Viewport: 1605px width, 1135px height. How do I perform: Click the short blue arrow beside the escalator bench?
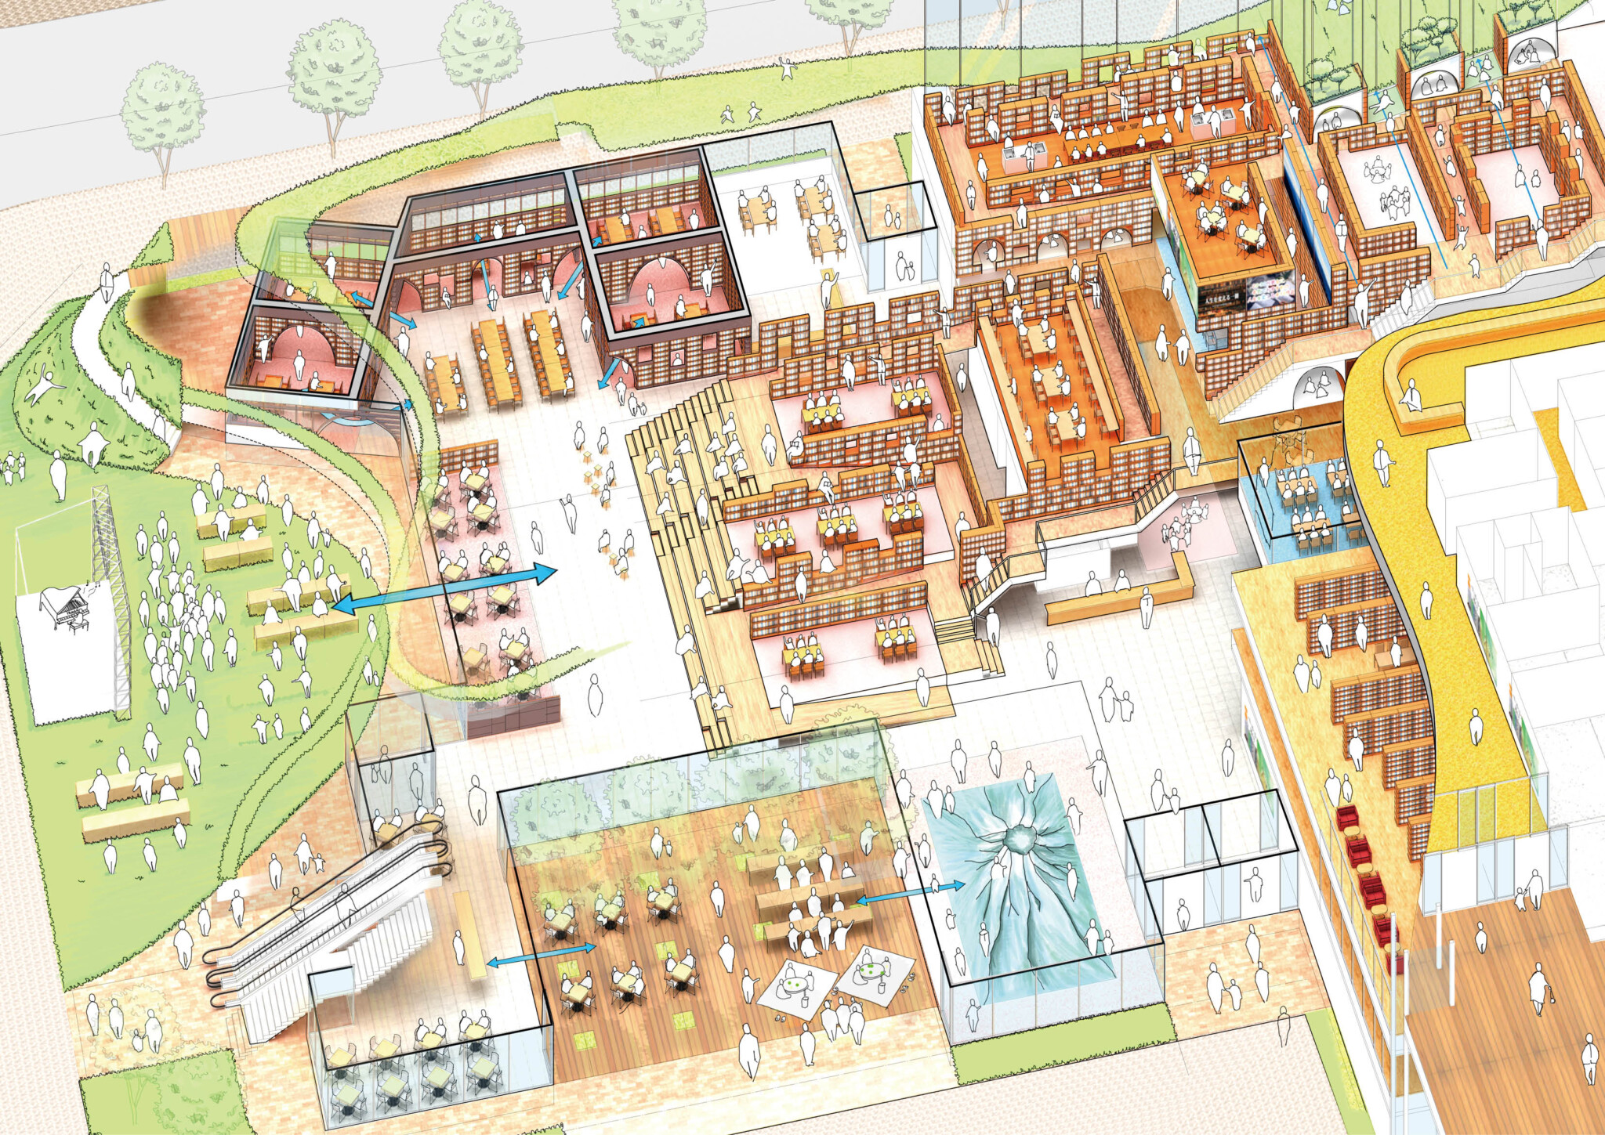coord(541,955)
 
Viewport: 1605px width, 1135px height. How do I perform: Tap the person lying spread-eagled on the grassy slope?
coord(44,387)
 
